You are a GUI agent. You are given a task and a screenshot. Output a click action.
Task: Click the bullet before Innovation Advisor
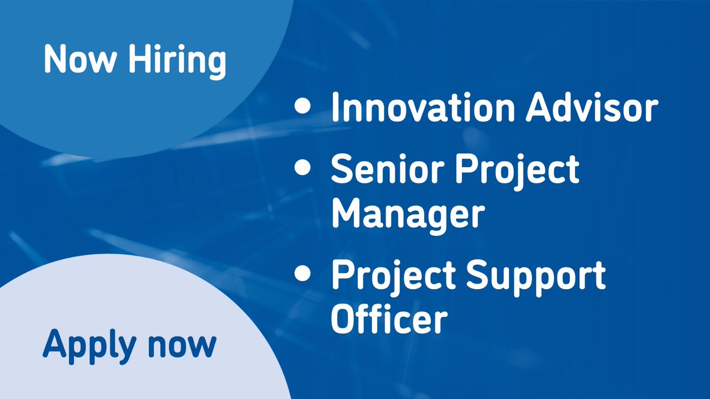click(302, 107)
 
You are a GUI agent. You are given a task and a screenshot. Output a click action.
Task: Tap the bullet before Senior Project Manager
click(302, 169)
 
